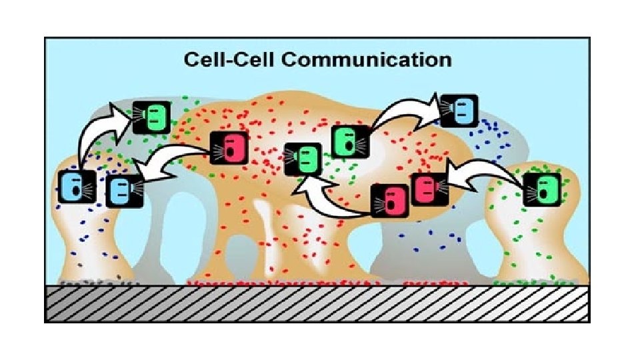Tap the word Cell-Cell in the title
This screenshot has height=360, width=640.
point(232,59)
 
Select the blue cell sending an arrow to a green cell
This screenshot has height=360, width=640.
point(76,186)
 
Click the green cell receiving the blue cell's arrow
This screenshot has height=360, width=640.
point(152,117)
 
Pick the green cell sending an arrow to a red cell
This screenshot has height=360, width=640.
point(542,189)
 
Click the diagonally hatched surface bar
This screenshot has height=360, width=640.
point(317,303)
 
